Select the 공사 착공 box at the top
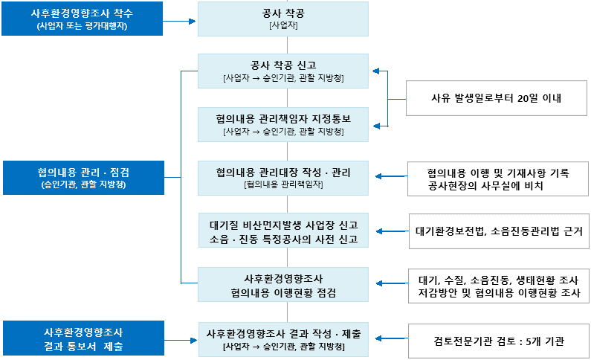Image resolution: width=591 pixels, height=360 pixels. pos(282,19)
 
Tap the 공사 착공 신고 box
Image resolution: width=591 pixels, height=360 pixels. pos(282,71)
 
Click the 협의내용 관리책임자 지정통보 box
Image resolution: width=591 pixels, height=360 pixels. pos(282,124)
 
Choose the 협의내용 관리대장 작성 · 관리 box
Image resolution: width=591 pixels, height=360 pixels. pos(282,178)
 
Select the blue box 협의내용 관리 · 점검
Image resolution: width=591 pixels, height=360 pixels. pos(82,178)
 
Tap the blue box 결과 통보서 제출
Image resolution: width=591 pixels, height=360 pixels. pos(82,338)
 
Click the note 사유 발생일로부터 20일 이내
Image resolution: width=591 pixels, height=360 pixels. pos(495,97)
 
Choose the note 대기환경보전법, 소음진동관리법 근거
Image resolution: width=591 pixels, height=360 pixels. pos(499,232)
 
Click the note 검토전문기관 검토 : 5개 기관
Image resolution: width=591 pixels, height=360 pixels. pos(499,341)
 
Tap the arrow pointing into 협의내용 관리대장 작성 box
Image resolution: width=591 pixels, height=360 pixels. pos(390,177)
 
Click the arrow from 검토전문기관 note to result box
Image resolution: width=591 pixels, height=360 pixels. pos(390,341)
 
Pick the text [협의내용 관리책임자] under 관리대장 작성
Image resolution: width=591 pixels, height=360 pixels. pos(282,184)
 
